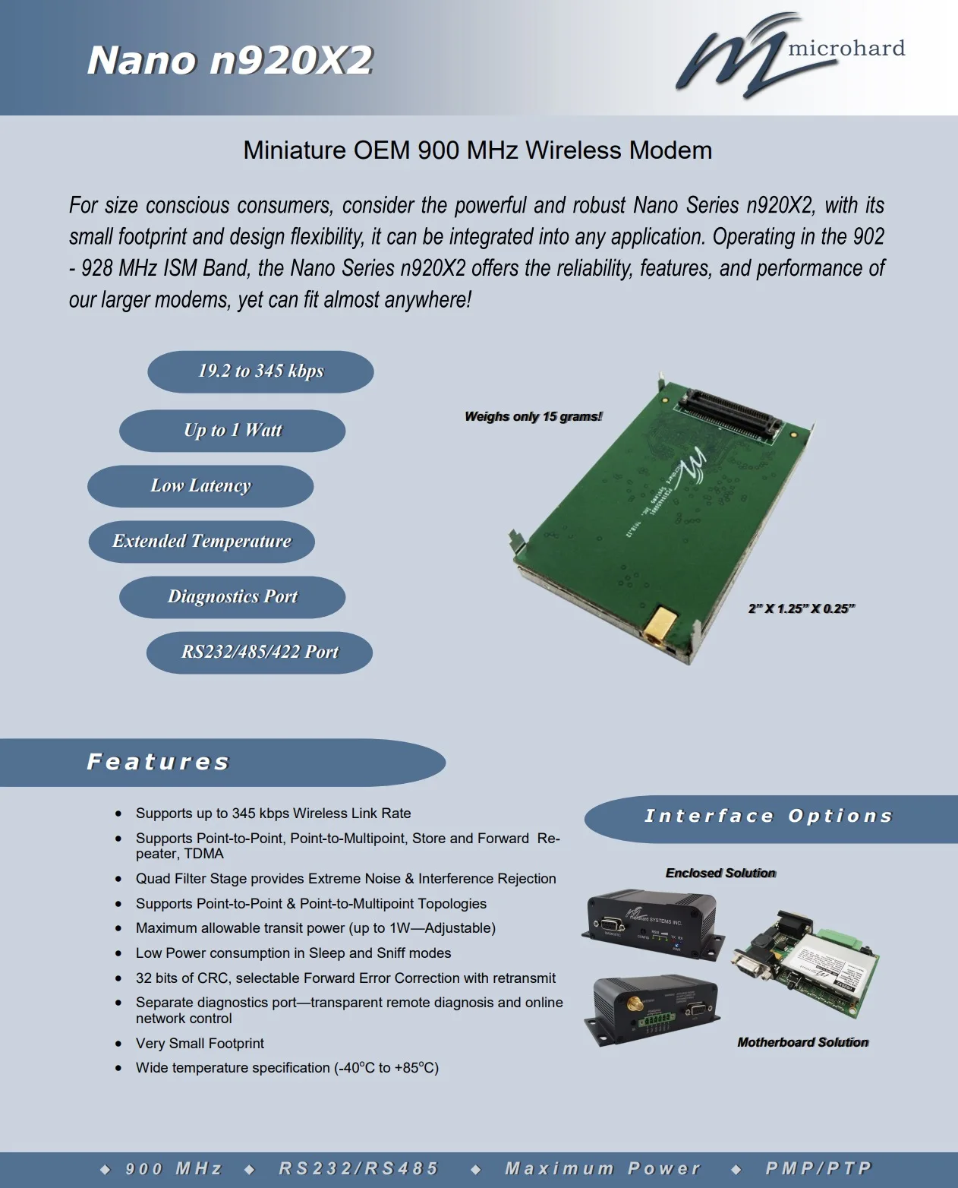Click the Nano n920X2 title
[230, 60]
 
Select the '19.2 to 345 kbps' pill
[260, 371]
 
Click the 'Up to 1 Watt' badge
[232, 431]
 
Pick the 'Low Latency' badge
[200, 486]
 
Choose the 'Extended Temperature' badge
[202, 542]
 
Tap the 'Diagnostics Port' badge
[232, 597]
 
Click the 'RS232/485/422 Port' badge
[260, 652]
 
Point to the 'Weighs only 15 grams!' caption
[534, 416]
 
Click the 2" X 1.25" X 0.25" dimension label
[802, 608]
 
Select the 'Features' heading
[158, 762]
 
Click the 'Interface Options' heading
[768, 817]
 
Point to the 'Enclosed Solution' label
[720, 874]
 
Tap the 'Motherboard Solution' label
[802, 1042]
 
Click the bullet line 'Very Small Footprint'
[200, 1043]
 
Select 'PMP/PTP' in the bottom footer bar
[818, 1168]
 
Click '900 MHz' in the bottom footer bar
[174, 1168]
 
